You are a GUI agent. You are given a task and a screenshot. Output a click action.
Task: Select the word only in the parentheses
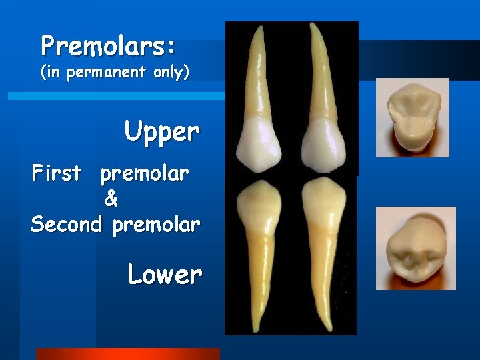click(x=167, y=73)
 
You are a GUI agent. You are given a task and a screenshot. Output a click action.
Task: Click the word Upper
click(x=162, y=132)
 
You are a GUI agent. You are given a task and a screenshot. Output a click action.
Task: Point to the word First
click(x=57, y=173)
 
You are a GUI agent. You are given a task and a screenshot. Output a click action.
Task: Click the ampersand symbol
click(x=111, y=199)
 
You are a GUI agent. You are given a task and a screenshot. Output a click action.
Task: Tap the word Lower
click(x=165, y=274)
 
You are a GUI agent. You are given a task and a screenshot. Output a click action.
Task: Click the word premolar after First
click(x=145, y=175)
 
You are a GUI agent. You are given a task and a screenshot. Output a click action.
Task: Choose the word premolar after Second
click(x=156, y=225)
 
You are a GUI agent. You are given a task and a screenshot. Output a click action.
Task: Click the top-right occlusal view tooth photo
click(x=412, y=117)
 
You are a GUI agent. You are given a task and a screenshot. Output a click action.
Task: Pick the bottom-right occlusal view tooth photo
click(x=415, y=248)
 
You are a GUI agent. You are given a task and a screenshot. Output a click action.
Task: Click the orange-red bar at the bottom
click(x=127, y=354)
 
